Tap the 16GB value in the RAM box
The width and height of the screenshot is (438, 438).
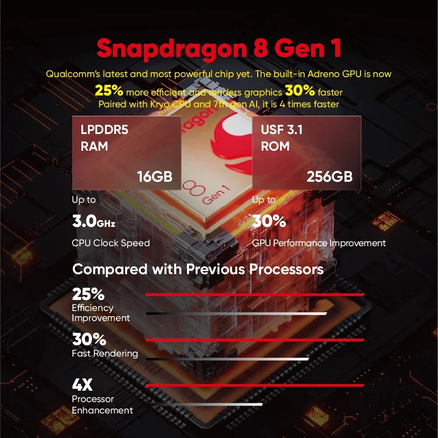154,177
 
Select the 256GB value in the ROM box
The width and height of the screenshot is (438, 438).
329,177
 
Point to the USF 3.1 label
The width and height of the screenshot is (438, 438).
282,130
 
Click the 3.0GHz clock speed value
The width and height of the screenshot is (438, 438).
93,222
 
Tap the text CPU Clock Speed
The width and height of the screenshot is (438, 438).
111,243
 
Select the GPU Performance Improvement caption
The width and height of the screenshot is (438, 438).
319,243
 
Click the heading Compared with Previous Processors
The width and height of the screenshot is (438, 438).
198,268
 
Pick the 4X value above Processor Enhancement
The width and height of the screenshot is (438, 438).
82,385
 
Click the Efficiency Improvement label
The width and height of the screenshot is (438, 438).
101,313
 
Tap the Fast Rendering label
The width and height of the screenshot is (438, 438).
105,353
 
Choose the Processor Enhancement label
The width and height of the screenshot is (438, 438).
102,405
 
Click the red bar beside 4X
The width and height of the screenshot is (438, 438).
255,385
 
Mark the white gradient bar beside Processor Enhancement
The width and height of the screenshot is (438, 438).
204,404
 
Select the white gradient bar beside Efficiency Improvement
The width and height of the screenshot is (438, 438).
236,313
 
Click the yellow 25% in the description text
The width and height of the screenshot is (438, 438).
109,91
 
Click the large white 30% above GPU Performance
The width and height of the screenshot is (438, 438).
269,222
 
